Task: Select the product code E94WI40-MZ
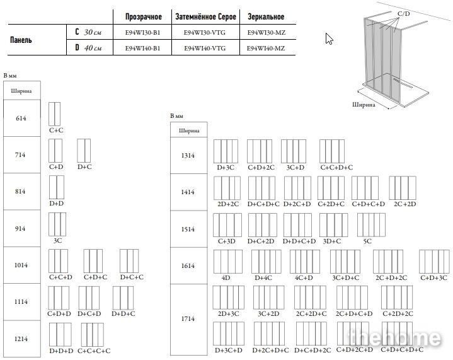pos(265,48)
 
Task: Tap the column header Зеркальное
pos(265,16)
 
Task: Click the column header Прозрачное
pos(143,16)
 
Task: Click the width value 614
pos(21,119)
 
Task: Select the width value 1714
pos(188,319)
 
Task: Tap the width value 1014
pos(21,265)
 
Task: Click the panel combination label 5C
pos(367,241)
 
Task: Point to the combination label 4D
pos(226,277)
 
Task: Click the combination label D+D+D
pos(61,351)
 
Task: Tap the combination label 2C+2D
pos(404,204)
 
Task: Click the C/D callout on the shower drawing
pos(403,13)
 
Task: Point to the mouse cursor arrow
pos(328,38)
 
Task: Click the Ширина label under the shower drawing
pos(364,105)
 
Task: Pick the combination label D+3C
pos(226,168)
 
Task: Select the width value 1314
pos(188,156)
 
